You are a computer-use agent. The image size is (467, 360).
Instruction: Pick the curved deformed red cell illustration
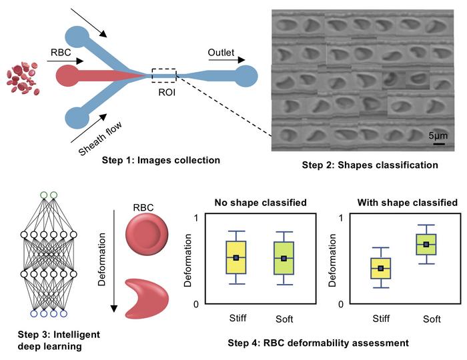[142, 294]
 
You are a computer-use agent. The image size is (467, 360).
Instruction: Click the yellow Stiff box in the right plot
[381, 268]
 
